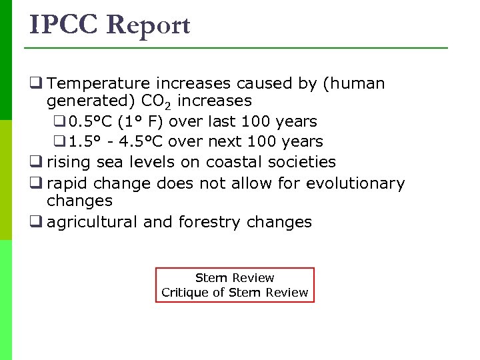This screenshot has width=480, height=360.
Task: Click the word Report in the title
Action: coord(148,25)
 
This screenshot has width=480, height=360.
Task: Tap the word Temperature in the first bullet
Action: coord(99,83)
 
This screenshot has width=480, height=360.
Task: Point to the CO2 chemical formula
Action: coord(155,102)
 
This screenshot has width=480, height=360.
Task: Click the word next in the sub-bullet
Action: coord(226,141)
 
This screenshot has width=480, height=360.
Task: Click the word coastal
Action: coord(234,162)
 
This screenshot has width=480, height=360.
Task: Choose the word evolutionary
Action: coord(355,183)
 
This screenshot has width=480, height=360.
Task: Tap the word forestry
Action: coord(209,222)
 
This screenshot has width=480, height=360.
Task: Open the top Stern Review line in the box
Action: coord(235,277)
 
